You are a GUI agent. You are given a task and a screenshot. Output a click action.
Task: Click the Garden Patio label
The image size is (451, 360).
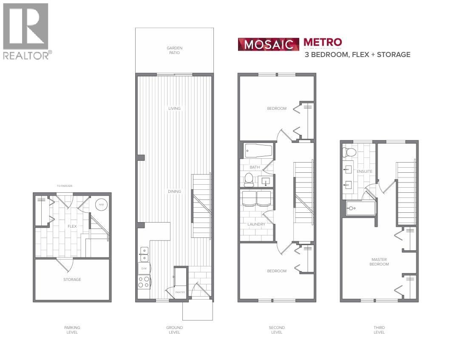coord(174,50)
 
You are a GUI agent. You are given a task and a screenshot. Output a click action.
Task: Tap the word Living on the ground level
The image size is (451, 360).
coord(174,109)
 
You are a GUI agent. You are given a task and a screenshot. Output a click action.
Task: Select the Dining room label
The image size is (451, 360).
coord(174,191)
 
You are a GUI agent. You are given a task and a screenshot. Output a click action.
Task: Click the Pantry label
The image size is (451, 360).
coord(181,292)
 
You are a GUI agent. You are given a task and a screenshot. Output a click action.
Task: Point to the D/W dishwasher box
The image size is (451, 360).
coord(143,269)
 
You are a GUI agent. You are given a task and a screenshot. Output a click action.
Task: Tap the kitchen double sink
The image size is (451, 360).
coord(143,254)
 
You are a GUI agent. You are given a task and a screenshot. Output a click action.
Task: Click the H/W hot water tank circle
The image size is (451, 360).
coord(102,205)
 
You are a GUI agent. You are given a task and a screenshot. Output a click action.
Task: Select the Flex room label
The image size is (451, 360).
coord(72,226)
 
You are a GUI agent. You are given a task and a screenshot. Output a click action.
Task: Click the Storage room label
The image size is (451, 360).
coord(72,280)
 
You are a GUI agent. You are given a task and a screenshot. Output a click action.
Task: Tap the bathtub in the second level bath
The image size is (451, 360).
coord(258,151)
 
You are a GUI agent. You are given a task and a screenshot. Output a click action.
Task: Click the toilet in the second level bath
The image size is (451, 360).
coord(250,179)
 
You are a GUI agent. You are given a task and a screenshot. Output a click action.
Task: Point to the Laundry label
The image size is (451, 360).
coord(256,224)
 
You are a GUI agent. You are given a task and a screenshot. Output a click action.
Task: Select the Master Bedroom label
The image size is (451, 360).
coord(379,262)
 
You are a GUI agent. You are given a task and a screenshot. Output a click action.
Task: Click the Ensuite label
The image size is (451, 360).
coord(365,171)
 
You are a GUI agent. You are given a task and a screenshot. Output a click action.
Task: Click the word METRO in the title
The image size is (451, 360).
coord(323,42)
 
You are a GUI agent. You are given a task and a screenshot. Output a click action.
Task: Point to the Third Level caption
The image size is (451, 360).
coord(379,330)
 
